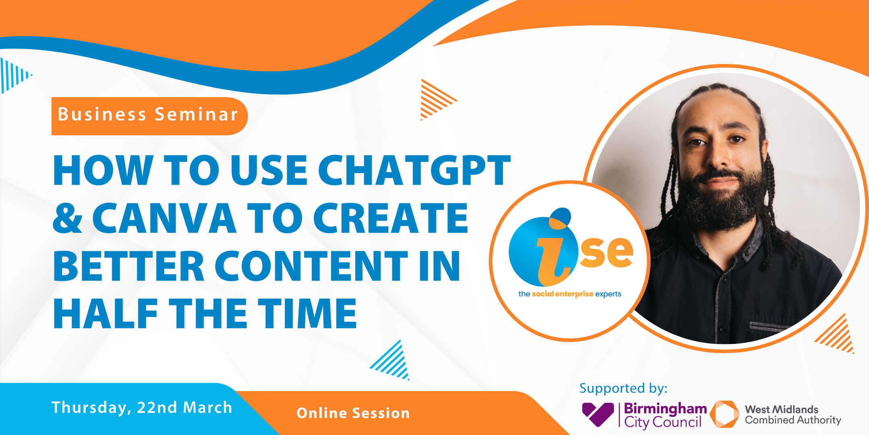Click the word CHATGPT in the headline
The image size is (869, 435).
click(x=414, y=170)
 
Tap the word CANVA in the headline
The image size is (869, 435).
click(x=164, y=218)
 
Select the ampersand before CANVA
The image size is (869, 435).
click(x=68, y=218)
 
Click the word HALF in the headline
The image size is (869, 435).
click(x=105, y=313)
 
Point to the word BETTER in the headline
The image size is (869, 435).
click(x=129, y=266)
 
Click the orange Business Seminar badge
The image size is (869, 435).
click(x=149, y=116)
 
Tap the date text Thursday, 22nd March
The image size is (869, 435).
click(x=142, y=408)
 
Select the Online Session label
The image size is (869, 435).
click(x=353, y=413)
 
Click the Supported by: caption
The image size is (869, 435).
click(x=623, y=388)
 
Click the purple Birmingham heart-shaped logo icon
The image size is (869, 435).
click(x=598, y=414)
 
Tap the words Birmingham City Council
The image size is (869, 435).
click(x=665, y=415)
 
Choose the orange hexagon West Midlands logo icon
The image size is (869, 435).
click(x=725, y=414)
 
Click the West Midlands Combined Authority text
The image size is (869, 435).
click(x=793, y=415)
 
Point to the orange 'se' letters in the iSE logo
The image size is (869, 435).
click(x=606, y=252)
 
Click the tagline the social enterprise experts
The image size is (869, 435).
click(x=570, y=294)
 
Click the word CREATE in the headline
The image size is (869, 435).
click(x=391, y=218)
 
